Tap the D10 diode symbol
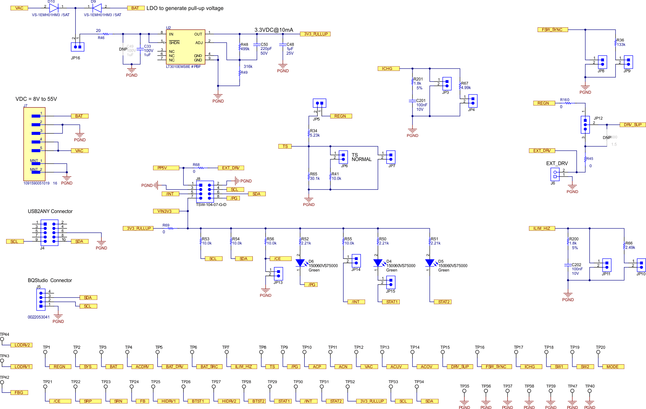tap(54, 8)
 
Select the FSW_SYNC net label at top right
tap(553, 30)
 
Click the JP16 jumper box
tap(78, 47)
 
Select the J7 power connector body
tap(34, 144)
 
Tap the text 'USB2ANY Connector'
tap(50, 211)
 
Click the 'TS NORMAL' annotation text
tap(361, 157)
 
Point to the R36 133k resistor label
tap(620, 42)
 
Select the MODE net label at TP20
tap(613, 367)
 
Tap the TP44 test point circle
tap(2, 339)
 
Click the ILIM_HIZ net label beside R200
tap(542, 228)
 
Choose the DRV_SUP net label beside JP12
tap(632, 125)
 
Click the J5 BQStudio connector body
tap(41, 299)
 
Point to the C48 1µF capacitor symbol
tap(283, 45)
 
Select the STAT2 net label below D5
tap(443, 302)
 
